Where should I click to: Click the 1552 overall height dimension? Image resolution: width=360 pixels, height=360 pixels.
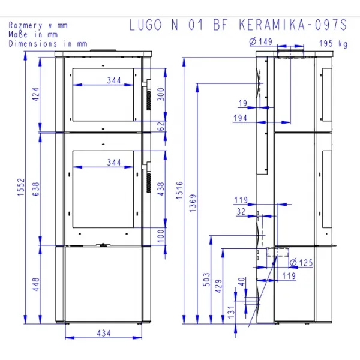click(x=21, y=187)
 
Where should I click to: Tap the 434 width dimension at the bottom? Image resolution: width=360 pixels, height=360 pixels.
click(x=104, y=333)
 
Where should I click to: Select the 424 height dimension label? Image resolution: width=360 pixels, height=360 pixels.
click(x=36, y=94)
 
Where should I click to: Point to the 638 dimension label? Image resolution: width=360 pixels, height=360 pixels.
click(x=36, y=189)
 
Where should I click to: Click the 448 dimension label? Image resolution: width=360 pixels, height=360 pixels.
click(x=36, y=284)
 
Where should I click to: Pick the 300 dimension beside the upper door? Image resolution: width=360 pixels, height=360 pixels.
click(x=161, y=94)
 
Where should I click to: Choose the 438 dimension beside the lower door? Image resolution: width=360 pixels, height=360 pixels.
click(x=161, y=189)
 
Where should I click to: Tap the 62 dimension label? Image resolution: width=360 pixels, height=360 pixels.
click(x=161, y=126)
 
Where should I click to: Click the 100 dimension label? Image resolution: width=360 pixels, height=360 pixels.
click(x=161, y=236)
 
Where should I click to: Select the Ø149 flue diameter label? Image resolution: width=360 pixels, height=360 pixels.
click(x=261, y=41)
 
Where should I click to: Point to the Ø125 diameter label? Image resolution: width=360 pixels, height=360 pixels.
click(x=301, y=263)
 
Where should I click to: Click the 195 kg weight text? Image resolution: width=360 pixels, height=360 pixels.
click(x=334, y=43)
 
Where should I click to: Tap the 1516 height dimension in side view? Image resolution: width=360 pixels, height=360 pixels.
click(x=180, y=190)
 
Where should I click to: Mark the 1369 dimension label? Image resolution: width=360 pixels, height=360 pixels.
click(x=193, y=203)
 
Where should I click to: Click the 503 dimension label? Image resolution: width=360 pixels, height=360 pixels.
click(x=206, y=279)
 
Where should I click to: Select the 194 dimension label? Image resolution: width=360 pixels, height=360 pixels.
click(x=240, y=118)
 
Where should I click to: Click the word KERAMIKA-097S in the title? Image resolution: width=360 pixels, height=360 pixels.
click(x=293, y=25)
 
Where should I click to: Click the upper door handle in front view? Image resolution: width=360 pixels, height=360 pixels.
click(x=148, y=94)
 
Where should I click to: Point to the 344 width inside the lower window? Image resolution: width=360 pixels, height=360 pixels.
click(x=114, y=163)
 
